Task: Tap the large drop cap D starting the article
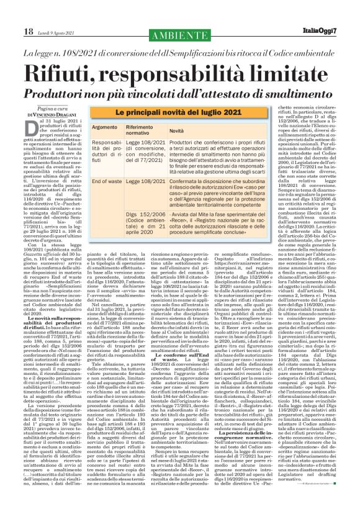pos(32,130)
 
